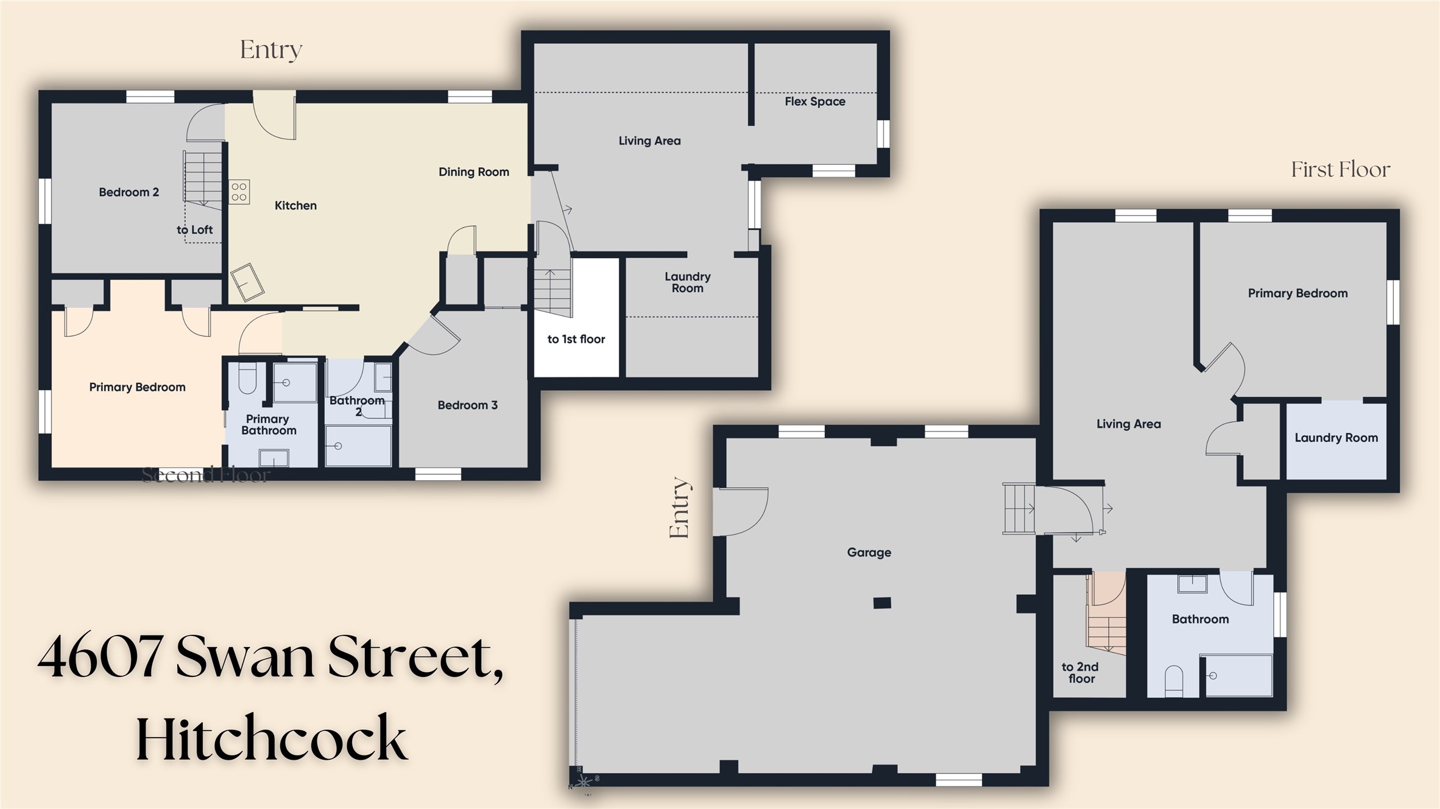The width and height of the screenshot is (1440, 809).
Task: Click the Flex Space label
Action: coord(814,102)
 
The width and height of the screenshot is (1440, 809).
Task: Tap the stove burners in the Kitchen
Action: coord(239,192)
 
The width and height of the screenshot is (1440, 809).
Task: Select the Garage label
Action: coord(869,553)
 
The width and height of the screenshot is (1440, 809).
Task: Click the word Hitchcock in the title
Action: coord(271,738)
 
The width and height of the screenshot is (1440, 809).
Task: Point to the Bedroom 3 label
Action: coord(467,405)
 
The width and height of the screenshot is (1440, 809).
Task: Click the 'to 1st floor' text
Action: coord(576,340)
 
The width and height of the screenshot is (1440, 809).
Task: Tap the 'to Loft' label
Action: coord(194,230)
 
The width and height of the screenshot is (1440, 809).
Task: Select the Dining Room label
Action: coord(474,172)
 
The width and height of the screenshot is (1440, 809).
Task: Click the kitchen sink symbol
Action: coord(247,282)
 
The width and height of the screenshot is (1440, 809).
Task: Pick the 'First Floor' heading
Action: coord(1340,169)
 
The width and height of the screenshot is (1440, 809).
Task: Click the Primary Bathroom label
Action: coord(268,425)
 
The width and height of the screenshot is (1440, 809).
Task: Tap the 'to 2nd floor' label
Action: coord(1081,673)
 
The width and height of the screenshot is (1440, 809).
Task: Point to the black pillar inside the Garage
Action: coord(882,603)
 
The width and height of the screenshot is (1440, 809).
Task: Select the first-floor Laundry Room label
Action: coord(1336,438)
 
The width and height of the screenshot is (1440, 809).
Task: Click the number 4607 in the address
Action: coord(101,657)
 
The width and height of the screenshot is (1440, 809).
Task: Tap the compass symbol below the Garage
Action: coord(584,782)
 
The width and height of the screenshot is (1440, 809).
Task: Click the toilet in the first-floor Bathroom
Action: coord(1173,681)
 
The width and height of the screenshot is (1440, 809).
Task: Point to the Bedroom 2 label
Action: coord(129,192)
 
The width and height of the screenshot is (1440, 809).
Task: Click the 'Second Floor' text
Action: coord(205,475)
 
